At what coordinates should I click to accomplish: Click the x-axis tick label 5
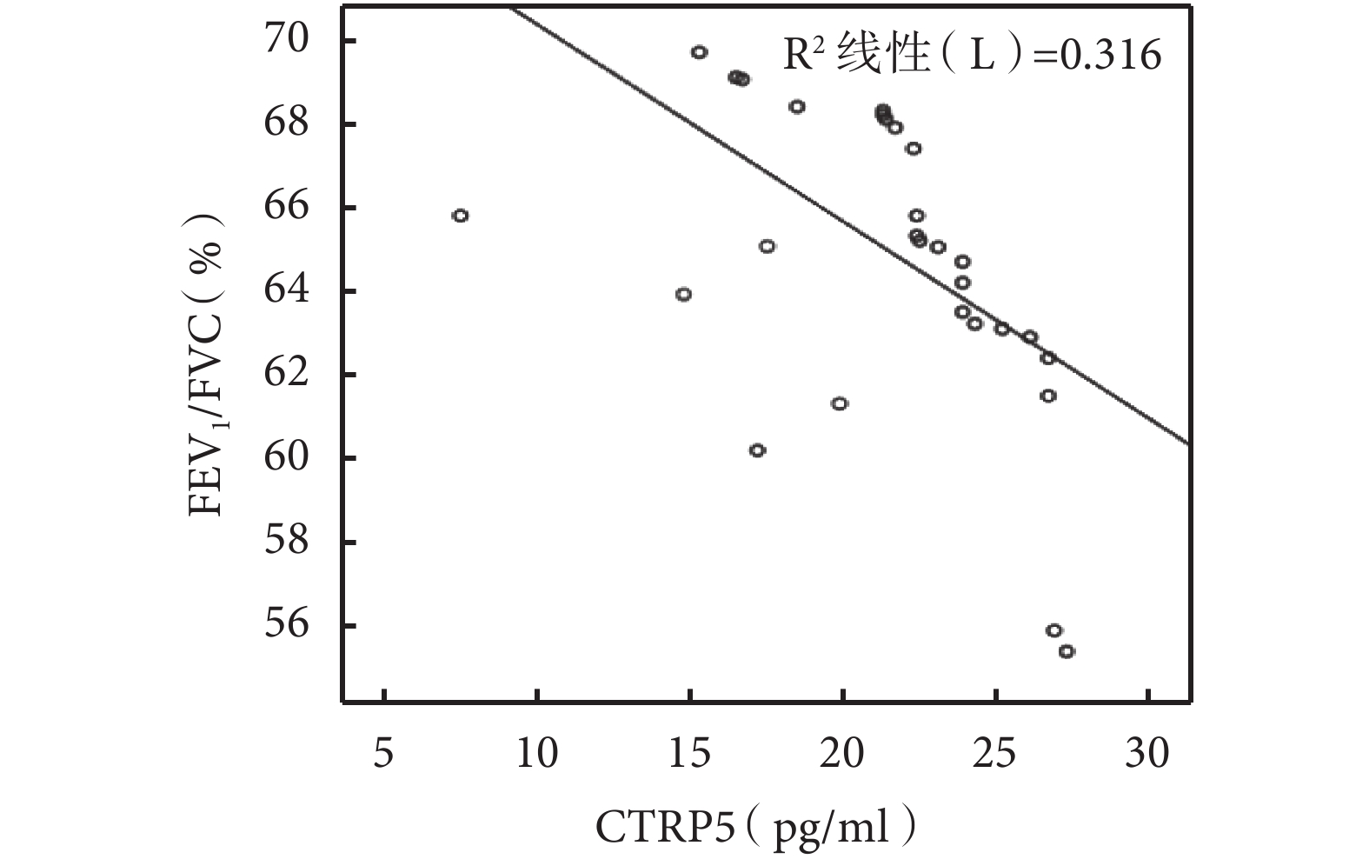[383, 753]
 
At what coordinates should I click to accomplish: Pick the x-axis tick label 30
[1147, 753]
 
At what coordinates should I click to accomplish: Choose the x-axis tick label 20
[842, 753]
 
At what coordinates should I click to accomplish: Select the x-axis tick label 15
[689, 753]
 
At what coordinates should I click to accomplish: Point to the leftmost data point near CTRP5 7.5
[461, 216]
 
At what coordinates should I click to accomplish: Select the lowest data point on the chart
[1067, 651]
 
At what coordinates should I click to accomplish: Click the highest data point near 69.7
[699, 52]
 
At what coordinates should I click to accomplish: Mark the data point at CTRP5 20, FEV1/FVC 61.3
[839, 403]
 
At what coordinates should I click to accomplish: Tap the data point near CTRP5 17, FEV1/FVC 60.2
[757, 450]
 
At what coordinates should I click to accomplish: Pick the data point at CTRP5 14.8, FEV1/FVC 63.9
[683, 294]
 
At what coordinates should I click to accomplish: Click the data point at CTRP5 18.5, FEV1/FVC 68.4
[796, 107]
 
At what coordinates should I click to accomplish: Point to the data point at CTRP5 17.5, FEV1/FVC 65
[767, 246]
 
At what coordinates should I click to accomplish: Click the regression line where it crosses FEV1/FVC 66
[823, 207]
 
